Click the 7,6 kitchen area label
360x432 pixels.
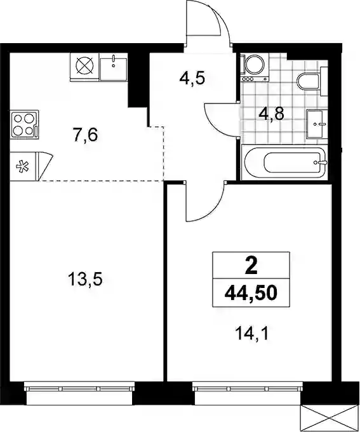86,135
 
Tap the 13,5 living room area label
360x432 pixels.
86,279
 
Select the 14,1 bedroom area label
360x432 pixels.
251,334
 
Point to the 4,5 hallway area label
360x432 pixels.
192,78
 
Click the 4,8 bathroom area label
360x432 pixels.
271,114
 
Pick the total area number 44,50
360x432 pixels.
251,293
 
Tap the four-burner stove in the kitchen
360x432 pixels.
24,124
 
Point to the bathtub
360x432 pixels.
284,162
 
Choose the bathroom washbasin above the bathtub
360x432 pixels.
317,123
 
